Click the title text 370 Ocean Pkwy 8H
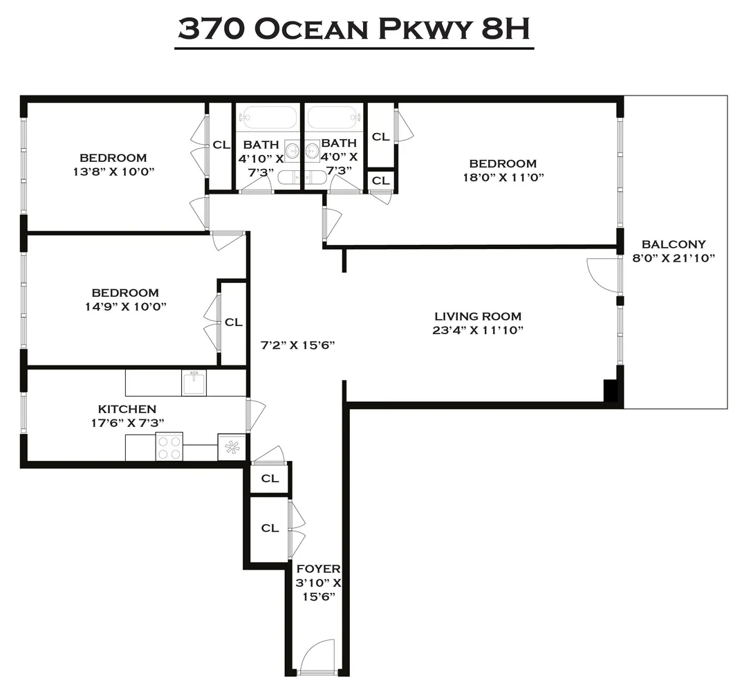[x=353, y=29]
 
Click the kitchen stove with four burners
[x=169, y=446]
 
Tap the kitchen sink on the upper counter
[x=194, y=382]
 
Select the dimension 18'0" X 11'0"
[x=503, y=177]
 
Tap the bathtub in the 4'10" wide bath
[x=268, y=117]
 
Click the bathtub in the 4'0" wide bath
[x=335, y=117]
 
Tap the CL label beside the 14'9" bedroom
[x=234, y=322]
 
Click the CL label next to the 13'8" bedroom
[x=221, y=145]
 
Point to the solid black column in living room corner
[x=611, y=391]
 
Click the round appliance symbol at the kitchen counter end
[x=232, y=447]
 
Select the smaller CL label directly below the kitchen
[x=270, y=478]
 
